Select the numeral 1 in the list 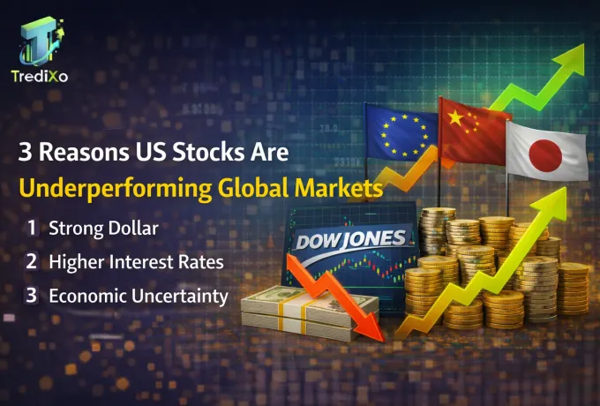32,228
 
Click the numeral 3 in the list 32,296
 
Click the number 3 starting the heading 26,151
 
